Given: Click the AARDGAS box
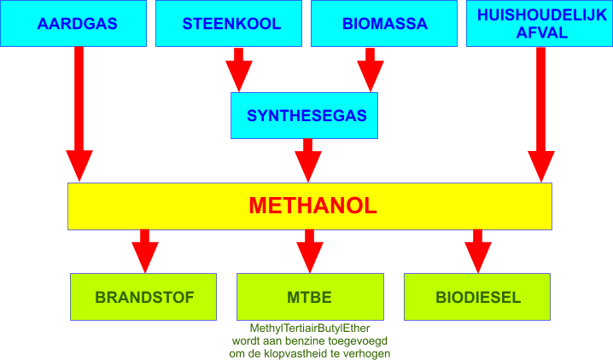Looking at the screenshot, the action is [73, 23].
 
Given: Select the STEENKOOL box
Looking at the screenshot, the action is [229, 23].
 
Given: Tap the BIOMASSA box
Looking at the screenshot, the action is [384, 23].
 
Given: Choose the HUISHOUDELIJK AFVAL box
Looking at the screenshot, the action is [540, 23].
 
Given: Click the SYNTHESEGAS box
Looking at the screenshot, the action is [304, 115].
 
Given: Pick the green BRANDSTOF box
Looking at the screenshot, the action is [143, 297].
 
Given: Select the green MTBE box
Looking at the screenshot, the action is [311, 297].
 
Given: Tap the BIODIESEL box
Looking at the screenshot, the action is [477, 297].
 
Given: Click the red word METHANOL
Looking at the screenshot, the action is [312, 206].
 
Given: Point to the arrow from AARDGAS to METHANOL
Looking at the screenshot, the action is [79, 114].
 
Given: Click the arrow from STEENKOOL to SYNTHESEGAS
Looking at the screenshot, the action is [239, 70].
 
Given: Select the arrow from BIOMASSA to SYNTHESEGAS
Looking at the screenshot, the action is [371, 70].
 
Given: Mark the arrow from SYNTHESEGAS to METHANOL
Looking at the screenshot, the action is [308, 160].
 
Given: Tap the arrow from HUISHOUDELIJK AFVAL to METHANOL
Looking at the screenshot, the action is [541, 115].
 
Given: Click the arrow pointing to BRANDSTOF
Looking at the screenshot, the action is [145, 251].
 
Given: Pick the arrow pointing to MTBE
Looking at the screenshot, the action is [310, 251].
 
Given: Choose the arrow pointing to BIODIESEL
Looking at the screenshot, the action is [478, 251].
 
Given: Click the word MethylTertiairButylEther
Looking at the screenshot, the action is [310, 328].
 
